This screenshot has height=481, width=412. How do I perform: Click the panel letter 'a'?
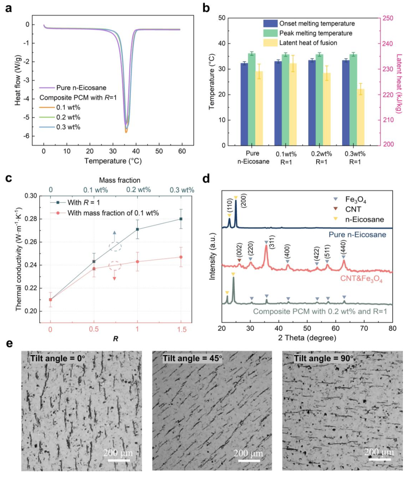pyautogui.click(x=9, y=8)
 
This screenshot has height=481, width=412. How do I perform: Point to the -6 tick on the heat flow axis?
pyautogui.click(x=27, y=136)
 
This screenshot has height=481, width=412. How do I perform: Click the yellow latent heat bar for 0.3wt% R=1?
pyautogui.click(x=361, y=117)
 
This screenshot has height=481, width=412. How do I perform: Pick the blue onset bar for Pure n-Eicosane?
pyautogui.click(x=244, y=104)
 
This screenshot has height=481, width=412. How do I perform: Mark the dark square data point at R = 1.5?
pyautogui.click(x=181, y=219)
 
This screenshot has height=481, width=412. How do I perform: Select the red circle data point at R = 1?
pyautogui.click(x=137, y=261)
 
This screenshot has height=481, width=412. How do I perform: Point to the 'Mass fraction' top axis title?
pyautogui.click(x=119, y=180)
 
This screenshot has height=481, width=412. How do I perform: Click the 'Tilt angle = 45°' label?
pyautogui.click(x=192, y=359)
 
